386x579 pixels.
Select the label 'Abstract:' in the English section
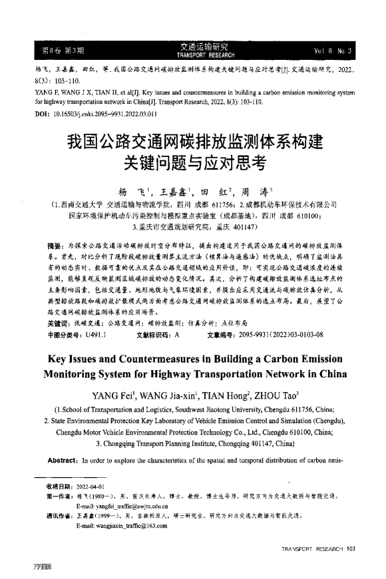click(63, 460)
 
